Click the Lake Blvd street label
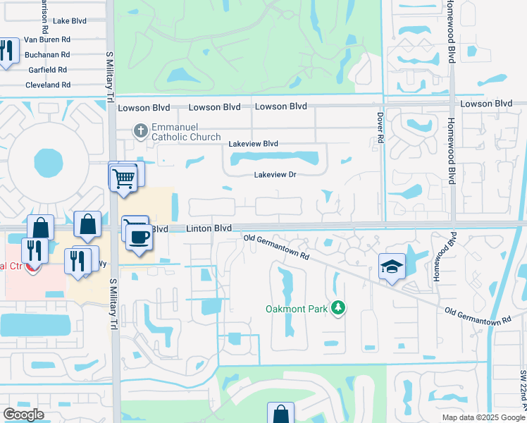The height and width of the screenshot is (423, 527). pyautogui.click(x=69, y=21)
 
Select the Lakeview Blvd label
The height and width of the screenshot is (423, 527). pyautogui.click(x=253, y=144)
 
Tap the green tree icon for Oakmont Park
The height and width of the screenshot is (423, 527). pyautogui.click(x=340, y=308)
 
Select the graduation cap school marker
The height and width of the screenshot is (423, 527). pyautogui.click(x=392, y=266)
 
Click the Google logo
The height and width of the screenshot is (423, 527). pyautogui.click(x=23, y=415)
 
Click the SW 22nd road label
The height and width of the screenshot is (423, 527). pyautogui.click(x=523, y=391)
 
